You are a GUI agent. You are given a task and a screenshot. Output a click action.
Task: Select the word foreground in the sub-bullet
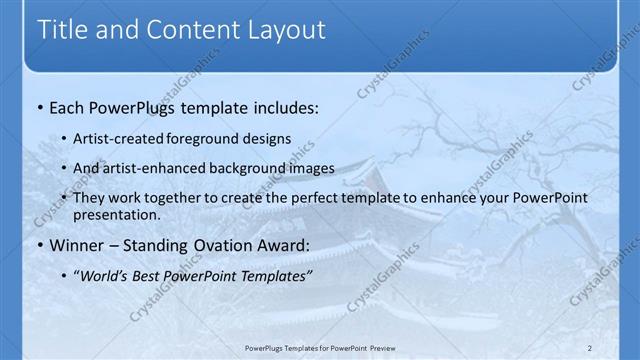[219, 139]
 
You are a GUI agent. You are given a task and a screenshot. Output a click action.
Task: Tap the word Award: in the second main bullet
[281, 246]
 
